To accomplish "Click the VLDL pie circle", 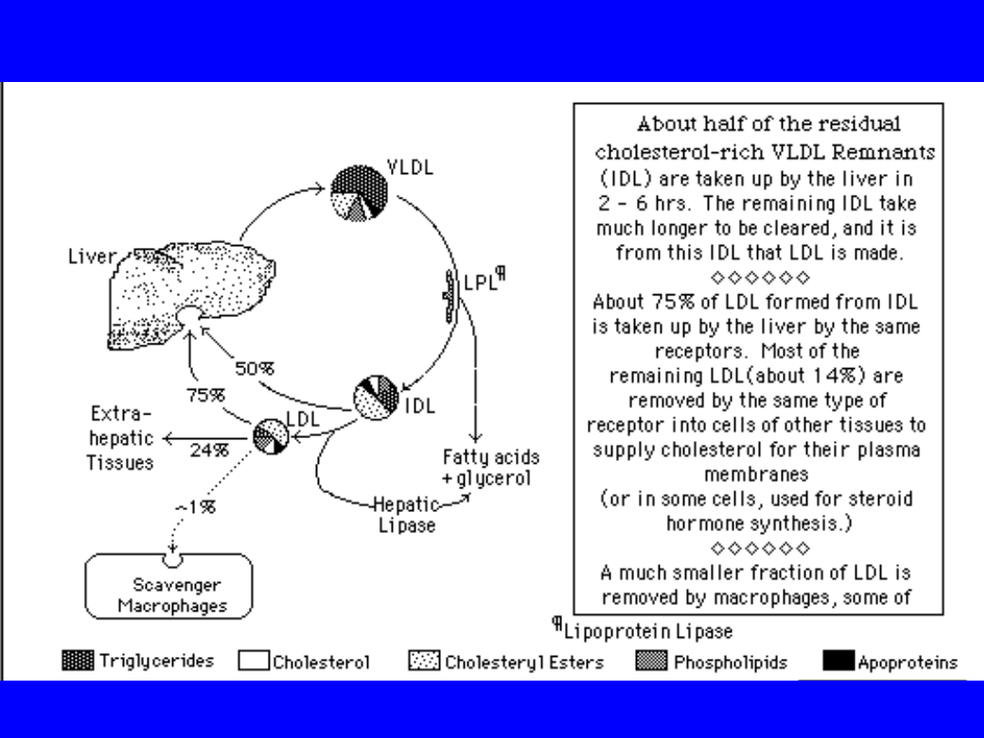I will (x=360, y=193).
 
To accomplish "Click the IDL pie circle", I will (x=376, y=398).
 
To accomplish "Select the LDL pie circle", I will (x=271, y=435).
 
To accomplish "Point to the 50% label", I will (x=254, y=368).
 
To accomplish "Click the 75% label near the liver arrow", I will (x=205, y=395).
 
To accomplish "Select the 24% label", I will (x=209, y=449).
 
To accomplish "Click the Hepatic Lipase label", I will (x=407, y=515).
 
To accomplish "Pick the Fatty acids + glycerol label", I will (x=490, y=467).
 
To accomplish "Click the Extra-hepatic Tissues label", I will (x=120, y=438).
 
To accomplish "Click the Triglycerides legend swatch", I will (x=77, y=661).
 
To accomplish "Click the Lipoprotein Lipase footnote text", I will (x=648, y=630).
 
